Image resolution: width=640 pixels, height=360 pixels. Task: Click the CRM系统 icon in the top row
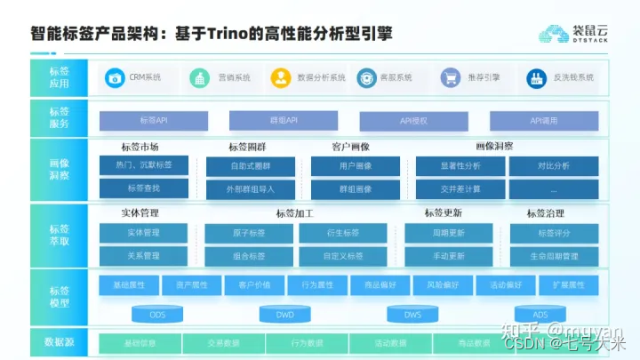click(x=114, y=77)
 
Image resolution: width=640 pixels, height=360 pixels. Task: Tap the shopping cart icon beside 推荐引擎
click(x=450, y=77)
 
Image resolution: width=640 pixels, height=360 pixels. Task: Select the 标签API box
click(x=153, y=120)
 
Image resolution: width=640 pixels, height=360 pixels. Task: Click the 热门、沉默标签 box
click(x=143, y=165)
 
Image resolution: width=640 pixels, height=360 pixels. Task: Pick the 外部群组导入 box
click(x=250, y=188)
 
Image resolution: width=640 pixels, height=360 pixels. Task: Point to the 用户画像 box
click(x=355, y=165)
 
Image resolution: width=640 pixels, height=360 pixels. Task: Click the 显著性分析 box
click(x=460, y=165)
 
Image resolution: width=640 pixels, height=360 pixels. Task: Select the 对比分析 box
click(x=553, y=165)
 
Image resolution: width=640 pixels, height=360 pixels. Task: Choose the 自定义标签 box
click(x=342, y=256)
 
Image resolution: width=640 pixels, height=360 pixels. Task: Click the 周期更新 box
click(x=448, y=233)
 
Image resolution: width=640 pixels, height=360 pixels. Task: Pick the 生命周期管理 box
click(x=553, y=256)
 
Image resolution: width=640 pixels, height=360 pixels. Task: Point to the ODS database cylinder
click(x=156, y=314)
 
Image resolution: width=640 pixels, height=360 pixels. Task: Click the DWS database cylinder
click(x=412, y=314)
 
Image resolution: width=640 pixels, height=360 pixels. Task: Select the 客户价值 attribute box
click(x=242, y=285)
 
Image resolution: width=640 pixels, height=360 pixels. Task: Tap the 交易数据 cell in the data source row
click(x=222, y=343)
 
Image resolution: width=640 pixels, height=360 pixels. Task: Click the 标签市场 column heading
click(x=140, y=147)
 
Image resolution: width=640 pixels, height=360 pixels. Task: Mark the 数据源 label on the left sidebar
click(x=60, y=342)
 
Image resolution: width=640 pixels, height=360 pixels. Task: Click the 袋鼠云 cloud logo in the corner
click(x=554, y=34)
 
